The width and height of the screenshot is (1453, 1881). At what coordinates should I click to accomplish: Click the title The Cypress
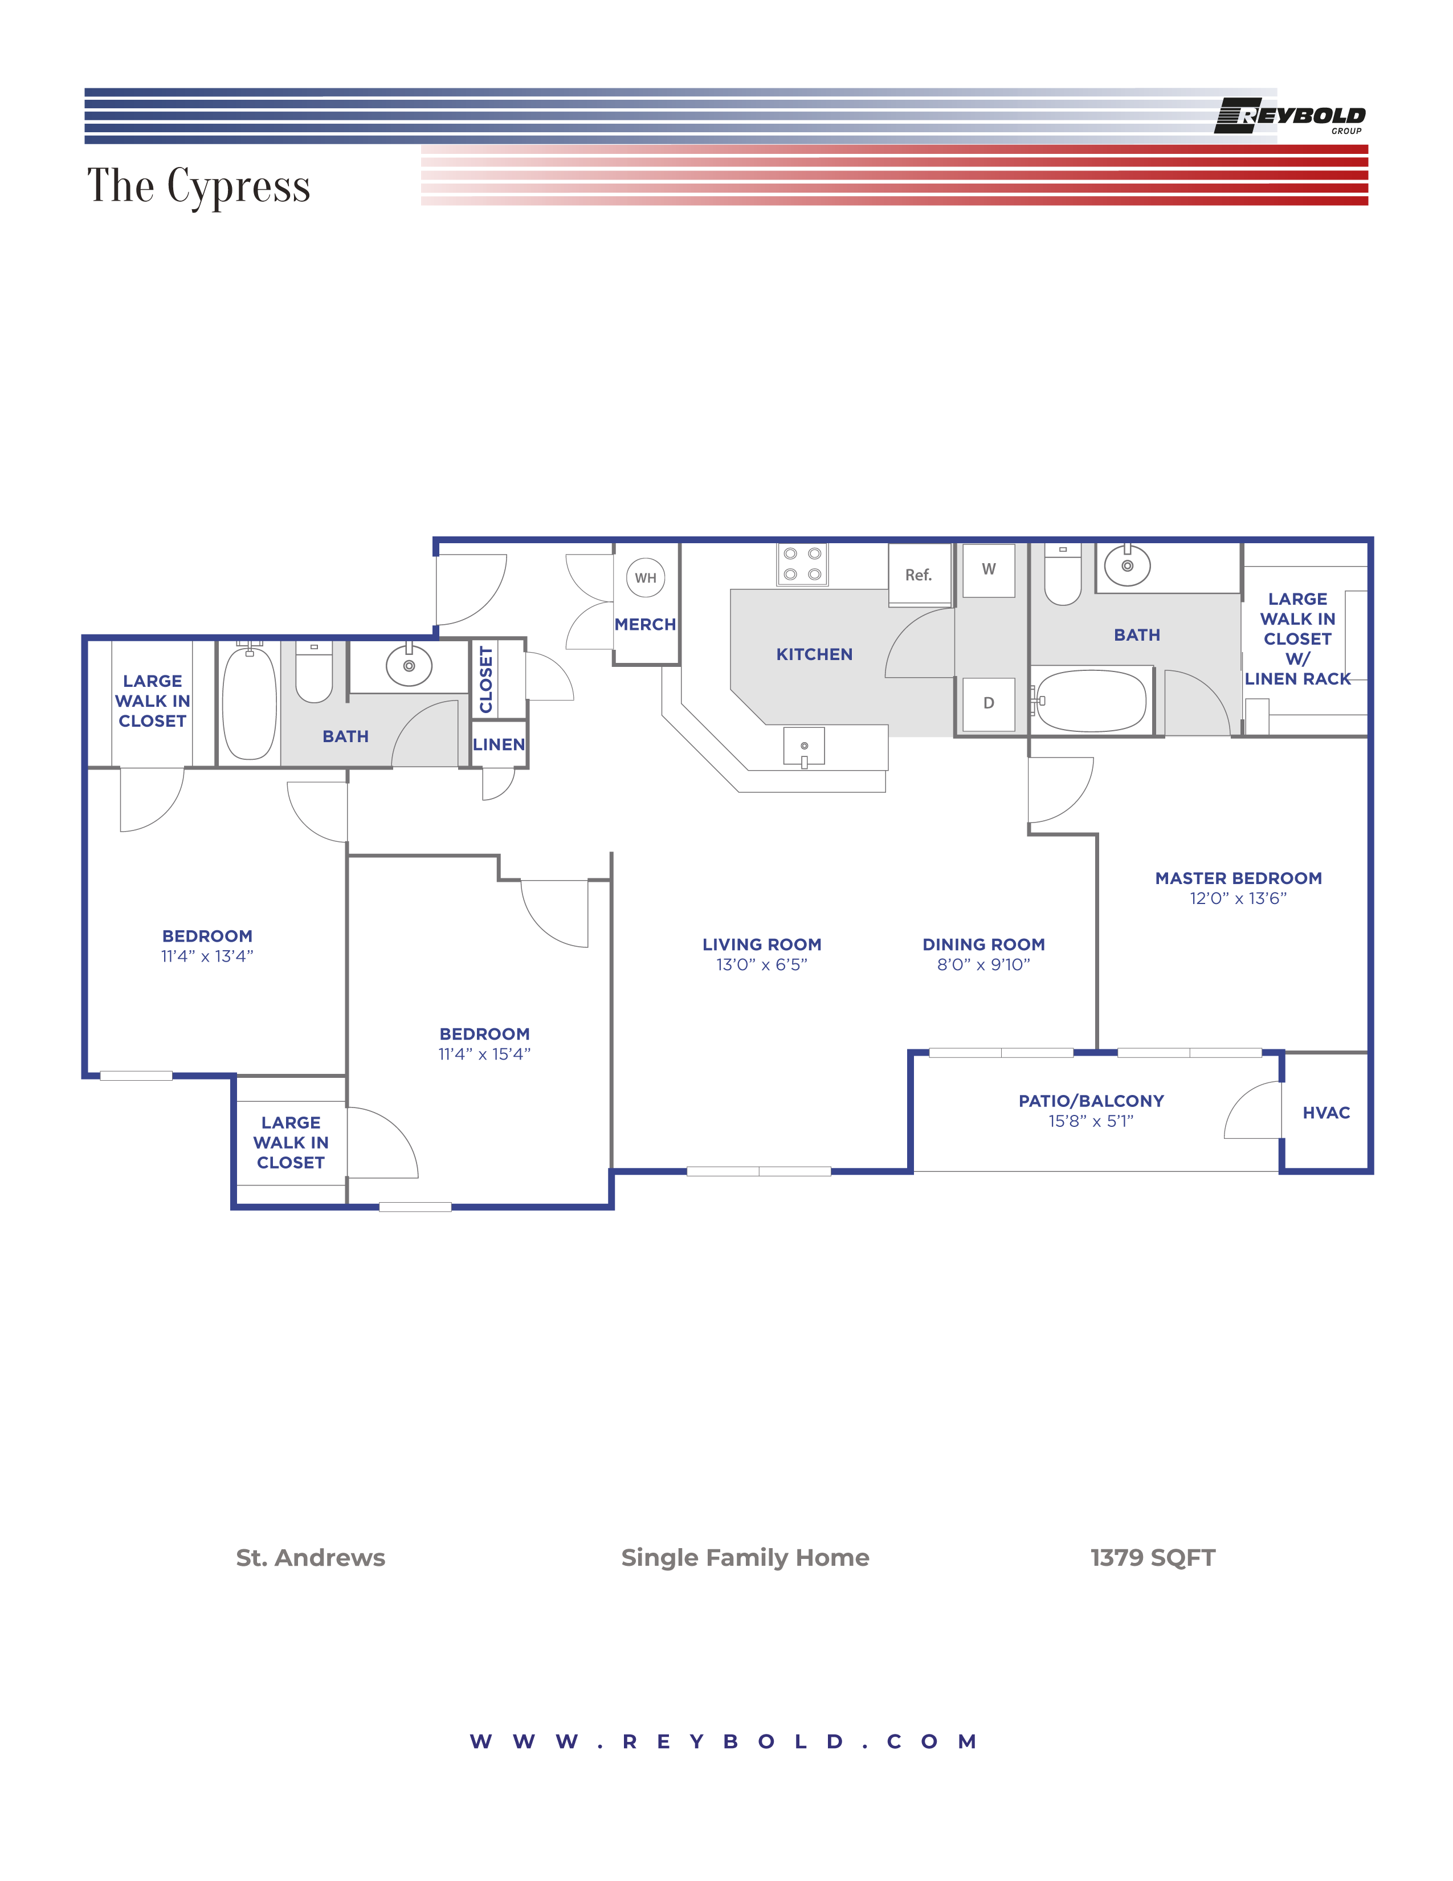(x=199, y=186)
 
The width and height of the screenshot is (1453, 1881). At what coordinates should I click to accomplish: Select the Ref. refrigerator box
(x=919, y=575)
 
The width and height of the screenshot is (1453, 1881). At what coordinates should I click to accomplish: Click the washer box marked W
(x=988, y=569)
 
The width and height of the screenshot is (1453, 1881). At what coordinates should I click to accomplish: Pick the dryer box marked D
(x=988, y=703)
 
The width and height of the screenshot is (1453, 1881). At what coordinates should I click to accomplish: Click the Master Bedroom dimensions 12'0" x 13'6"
(x=1237, y=898)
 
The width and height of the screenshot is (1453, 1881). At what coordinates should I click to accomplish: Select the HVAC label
(x=1325, y=1113)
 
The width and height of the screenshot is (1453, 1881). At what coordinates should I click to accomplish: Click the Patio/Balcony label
(x=1091, y=1101)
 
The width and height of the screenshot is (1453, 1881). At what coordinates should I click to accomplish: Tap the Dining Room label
(x=983, y=945)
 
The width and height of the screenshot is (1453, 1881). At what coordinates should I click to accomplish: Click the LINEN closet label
(x=499, y=744)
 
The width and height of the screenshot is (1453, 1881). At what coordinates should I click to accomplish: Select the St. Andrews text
(x=310, y=1557)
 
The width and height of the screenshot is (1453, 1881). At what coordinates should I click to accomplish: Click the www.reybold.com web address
(x=724, y=1741)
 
